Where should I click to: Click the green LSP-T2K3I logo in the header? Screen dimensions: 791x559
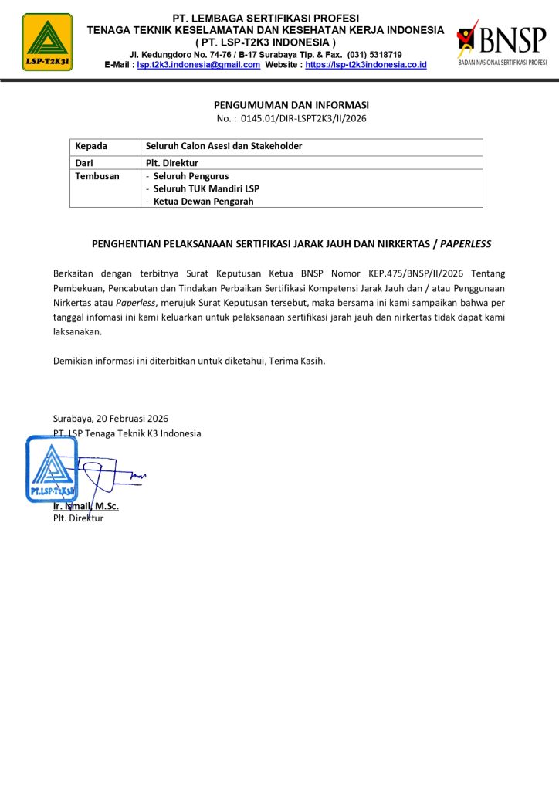click(x=48, y=42)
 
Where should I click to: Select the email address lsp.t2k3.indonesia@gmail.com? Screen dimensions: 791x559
click(x=198, y=65)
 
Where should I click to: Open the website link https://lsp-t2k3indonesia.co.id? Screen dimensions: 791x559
click(x=366, y=65)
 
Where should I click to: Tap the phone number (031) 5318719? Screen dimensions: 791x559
click(x=374, y=54)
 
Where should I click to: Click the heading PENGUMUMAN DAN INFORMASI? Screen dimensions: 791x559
click(x=292, y=104)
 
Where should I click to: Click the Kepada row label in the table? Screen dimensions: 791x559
click(x=91, y=146)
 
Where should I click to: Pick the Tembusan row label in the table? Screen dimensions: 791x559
click(x=97, y=176)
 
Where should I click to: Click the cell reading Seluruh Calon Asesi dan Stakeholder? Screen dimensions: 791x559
click(x=224, y=146)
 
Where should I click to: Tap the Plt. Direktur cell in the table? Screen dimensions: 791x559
click(x=172, y=163)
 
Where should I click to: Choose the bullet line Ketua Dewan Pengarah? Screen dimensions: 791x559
click(x=203, y=202)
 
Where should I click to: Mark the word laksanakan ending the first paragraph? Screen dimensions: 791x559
click(x=77, y=331)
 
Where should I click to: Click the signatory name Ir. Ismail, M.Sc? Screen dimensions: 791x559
click(x=86, y=506)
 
